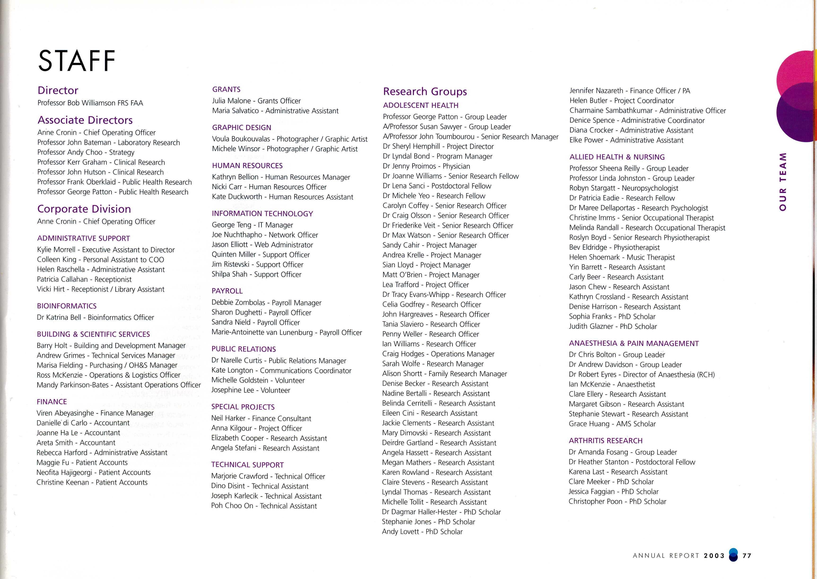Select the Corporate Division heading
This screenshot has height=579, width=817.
[x=84, y=209]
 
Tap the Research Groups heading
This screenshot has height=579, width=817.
[x=425, y=92]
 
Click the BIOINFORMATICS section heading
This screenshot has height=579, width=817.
[x=67, y=306]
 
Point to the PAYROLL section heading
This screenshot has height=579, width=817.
[x=227, y=291]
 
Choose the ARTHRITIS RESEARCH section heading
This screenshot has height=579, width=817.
[x=605, y=441]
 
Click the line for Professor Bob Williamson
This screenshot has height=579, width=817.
[x=90, y=103]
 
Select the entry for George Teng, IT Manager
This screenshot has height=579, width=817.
[x=252, y=225]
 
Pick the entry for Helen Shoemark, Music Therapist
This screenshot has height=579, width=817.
[x=622, y=257]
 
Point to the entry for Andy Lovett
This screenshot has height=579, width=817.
[x=422, y=532]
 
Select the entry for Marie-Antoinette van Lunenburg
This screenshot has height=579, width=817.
[x=287, y=332]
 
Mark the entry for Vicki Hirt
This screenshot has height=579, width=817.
[x=100, y=289]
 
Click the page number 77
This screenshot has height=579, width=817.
[x=747, y=556]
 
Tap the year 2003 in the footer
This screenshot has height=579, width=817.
[x=714, y=556]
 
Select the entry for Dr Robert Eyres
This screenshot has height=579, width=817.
[x=641, y=374]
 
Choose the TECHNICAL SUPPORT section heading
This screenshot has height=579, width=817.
[x=247, y=465]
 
